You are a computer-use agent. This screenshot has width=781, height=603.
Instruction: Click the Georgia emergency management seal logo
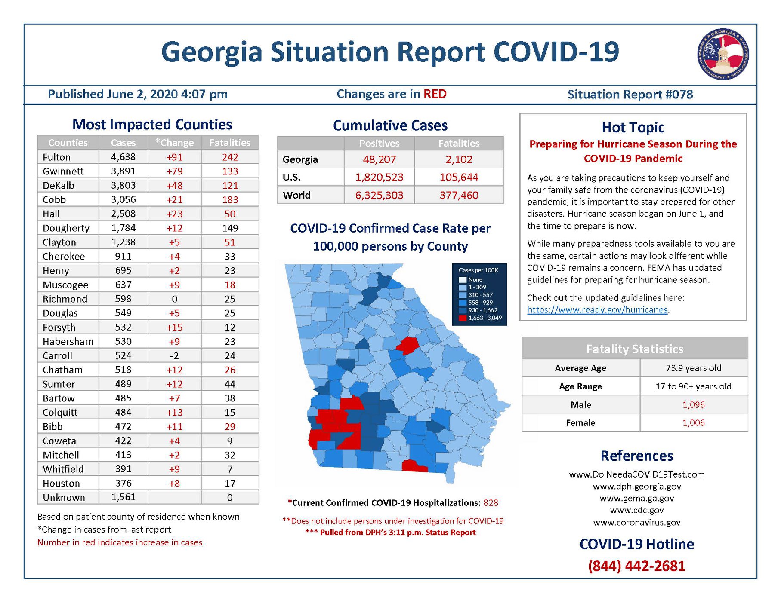pos(723,54)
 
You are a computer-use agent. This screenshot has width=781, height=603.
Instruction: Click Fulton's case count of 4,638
pos(123,157)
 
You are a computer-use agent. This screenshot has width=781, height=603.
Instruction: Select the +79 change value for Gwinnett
pos(174,171)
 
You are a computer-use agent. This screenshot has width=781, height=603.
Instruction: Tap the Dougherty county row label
pos(66,228)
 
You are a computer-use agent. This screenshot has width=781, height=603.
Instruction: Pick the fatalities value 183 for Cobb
pos(230,199)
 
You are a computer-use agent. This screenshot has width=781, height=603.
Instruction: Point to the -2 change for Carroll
pos(174,355)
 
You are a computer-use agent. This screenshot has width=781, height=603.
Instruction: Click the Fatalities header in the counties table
pos(229,143)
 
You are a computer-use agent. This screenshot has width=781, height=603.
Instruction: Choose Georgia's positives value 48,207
pos(379,159)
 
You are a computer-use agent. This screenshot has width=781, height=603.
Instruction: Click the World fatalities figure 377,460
pos(459,195)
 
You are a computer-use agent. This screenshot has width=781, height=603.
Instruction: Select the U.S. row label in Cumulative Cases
pos(292,177)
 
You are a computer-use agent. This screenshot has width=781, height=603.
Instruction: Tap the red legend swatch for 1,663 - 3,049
pos(463,318)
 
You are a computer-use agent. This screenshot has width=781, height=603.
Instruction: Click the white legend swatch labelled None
pos(463,279)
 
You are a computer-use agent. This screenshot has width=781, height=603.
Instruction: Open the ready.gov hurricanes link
pos(597,309)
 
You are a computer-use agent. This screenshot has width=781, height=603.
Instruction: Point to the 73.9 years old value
pos(693,368)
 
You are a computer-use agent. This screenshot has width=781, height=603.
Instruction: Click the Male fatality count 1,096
pos(693,404)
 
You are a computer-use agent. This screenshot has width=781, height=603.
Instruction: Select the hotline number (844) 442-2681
pos(636,566)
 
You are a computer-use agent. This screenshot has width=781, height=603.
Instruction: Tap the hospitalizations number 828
pos(491,502)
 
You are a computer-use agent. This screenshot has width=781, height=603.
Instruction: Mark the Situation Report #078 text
pos(630,94)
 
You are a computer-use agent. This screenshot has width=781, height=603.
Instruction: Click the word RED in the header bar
pos(435,94)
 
